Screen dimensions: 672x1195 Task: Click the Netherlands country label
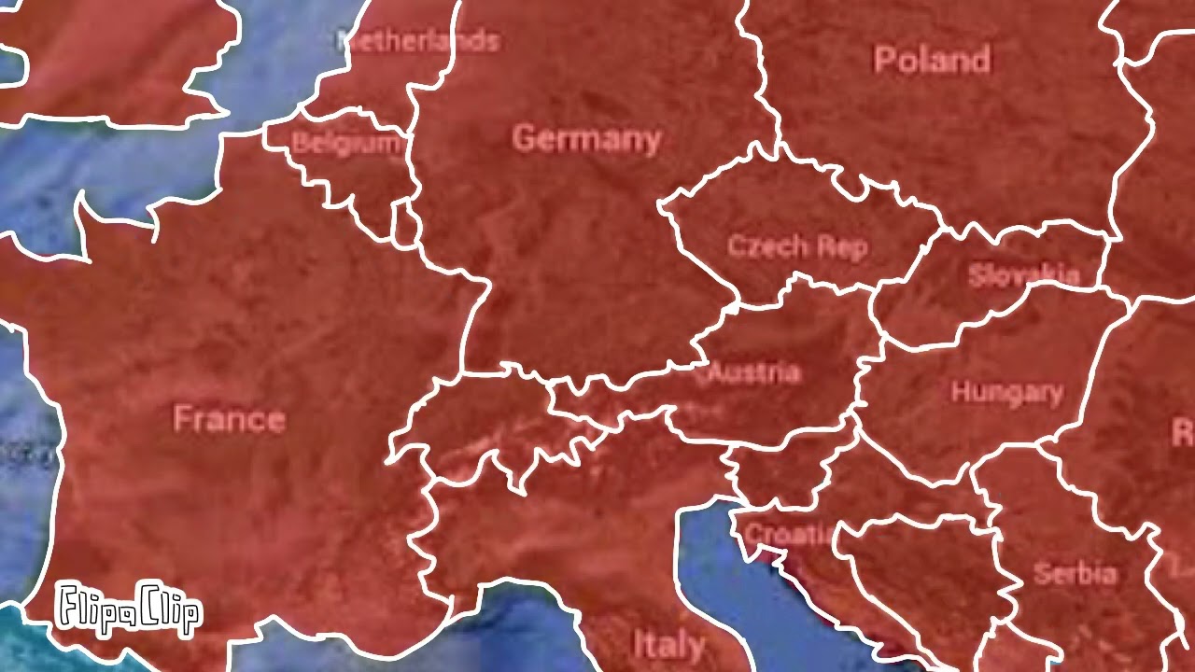[x=418, y=41]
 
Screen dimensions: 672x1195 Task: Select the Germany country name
[x=586, y=139]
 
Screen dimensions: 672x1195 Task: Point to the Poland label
[x=931, y=60]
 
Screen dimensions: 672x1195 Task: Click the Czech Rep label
[x=797, y=246]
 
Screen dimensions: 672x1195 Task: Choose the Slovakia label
[x=1023, y=275]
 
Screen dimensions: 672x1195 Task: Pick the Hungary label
[x=1006, y=392]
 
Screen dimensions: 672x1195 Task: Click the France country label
[x=229, y=419]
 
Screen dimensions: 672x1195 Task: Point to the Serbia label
[x=1075, y=573]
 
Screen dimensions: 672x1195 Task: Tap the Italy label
[x=668, y=644]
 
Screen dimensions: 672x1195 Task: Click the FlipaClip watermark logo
[x=128, y=609]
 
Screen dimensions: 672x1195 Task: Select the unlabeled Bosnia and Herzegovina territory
[x=924, y=569]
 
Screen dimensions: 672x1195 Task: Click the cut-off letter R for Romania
[x=1182, y=432]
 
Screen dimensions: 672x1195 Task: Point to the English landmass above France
[x=112, y=56]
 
